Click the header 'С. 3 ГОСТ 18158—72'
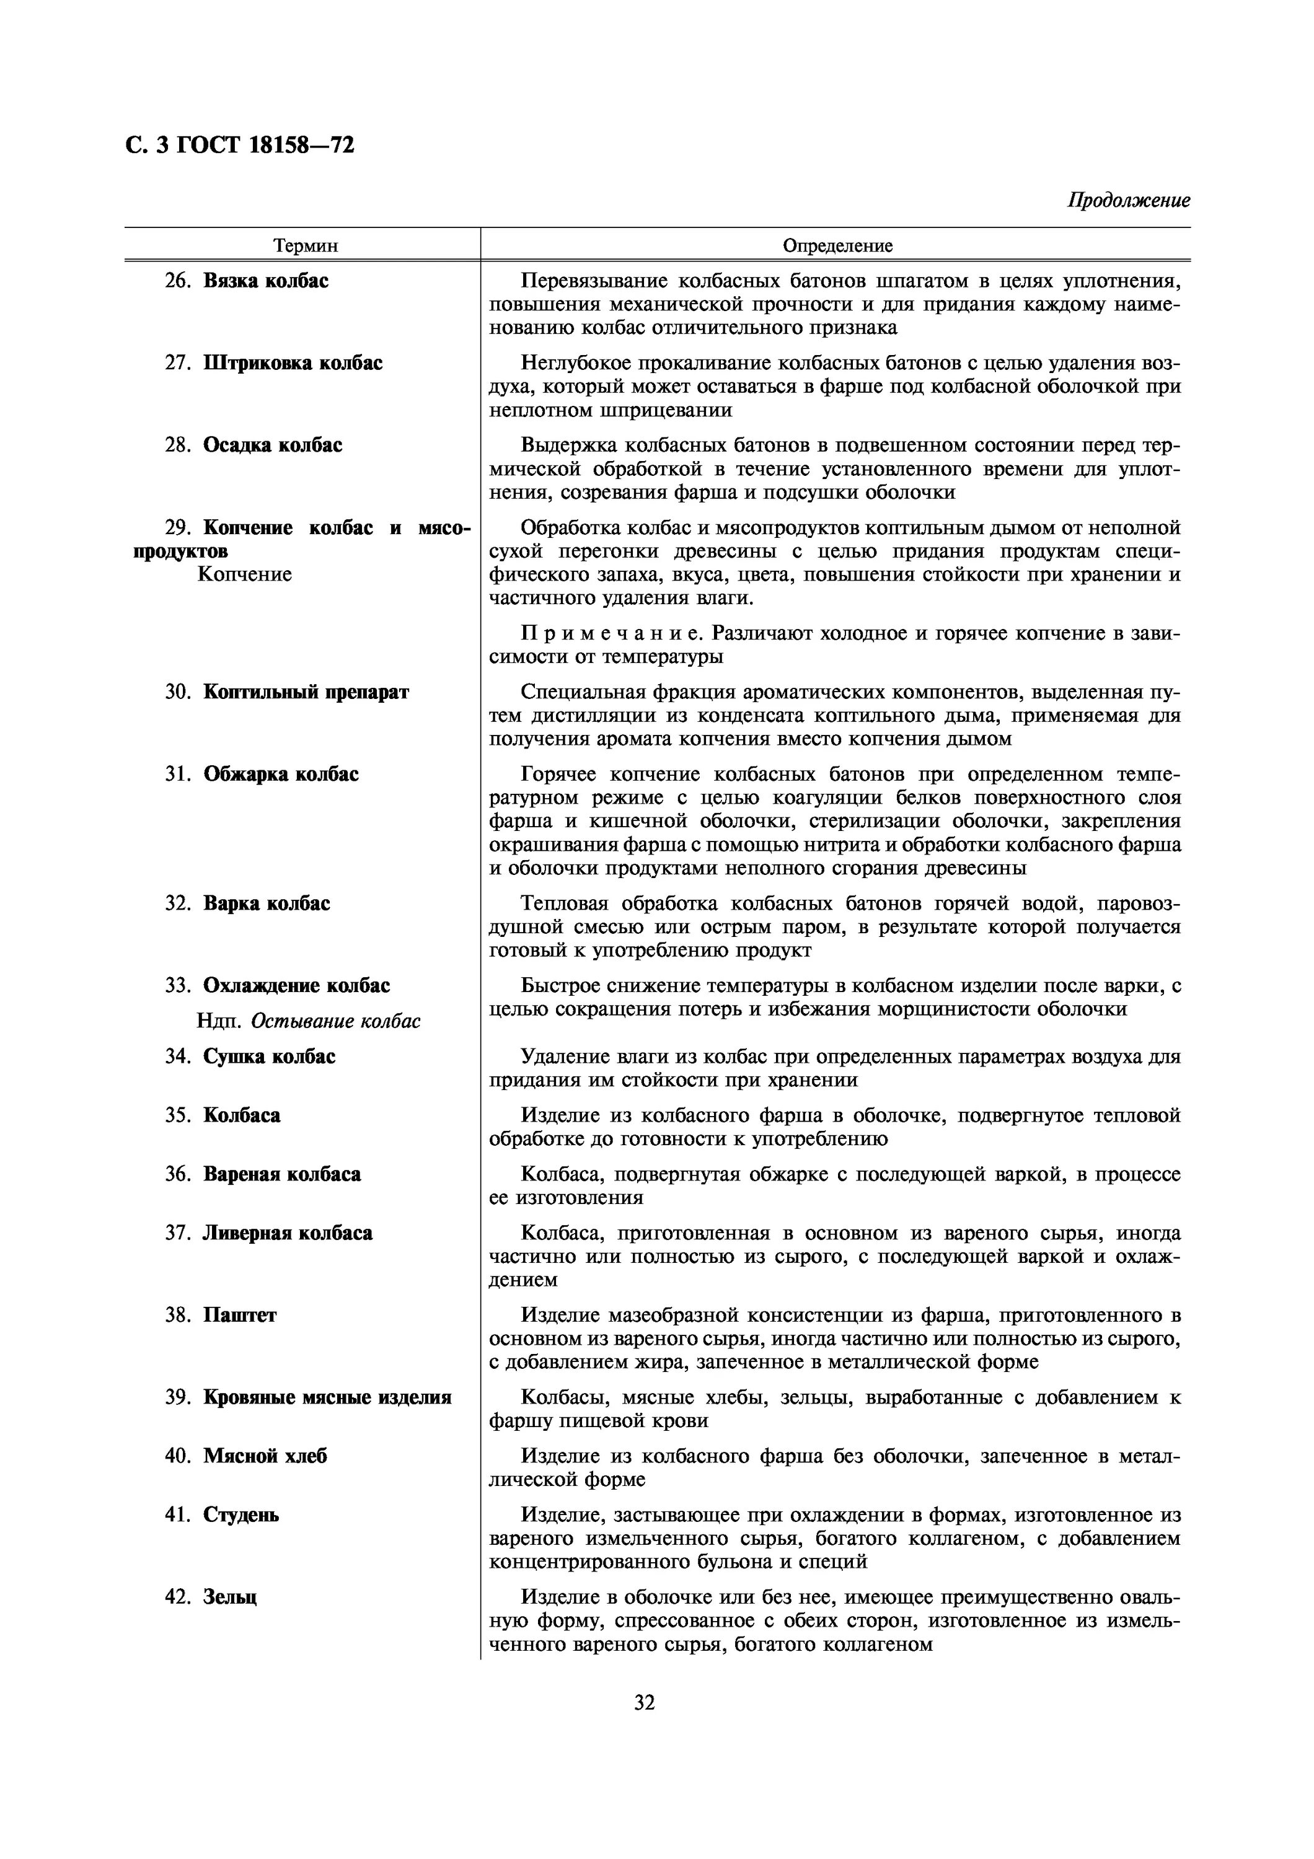[x=240, y=146]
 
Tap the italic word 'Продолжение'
[x=1129, y=200]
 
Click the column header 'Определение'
[x=837, y=245]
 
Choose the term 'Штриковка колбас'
[x=293, y=363]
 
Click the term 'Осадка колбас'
[x=272, y=446]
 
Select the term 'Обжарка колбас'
[x=280, y=774]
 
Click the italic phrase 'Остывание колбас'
[x=335, y=1021]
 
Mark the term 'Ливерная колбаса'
[x=288, y=1233]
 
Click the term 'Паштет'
[x=240, y=1315]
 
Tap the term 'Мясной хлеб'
[x=265, y=1456]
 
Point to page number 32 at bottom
[x=645, y=1703]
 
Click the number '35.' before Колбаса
[x=177, y=1116]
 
